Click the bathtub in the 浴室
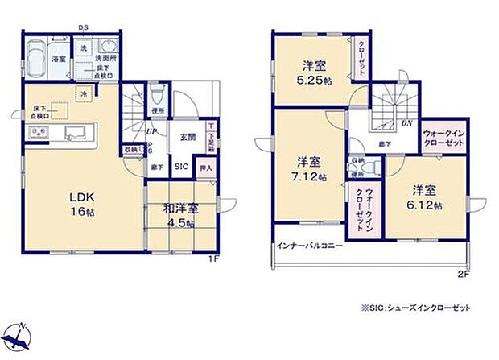pyautogui.click(x=37, y=59)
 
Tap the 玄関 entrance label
pyautogui.click(x=187, y=136)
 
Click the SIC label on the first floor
pyautogui.click(x=182, y=167)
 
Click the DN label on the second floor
pyautogui.click(x=407, y=124)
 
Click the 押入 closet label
pyautogui.click(x=205, y=168)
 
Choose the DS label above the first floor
pyautogui.click(x=83, y=28)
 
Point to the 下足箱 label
pyautogui.click(x=211, y=138)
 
